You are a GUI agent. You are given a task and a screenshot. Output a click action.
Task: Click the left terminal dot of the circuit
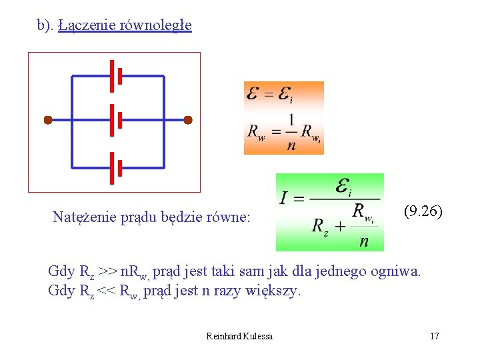(x=48, y=120)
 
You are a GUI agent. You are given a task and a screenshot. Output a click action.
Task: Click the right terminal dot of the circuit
(x=188, y=120)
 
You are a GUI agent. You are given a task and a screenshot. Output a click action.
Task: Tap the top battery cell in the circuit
(x=115, y=76)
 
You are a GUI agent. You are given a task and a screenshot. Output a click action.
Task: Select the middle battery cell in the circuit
(x=115, y=120)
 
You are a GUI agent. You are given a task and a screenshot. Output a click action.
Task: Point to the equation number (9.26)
(x=423, y=212)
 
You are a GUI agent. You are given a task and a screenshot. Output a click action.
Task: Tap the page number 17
(x=435, y=336)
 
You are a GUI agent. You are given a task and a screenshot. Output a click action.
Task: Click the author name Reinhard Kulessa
(x=239, y=336)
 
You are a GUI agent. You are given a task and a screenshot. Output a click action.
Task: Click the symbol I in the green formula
(x=283, y=198)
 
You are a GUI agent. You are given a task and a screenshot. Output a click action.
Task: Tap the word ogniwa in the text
(x=399, y=272)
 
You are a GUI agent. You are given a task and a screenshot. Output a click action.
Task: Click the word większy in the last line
(x=275, y=291)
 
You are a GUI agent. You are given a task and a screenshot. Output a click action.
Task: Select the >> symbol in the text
(x=107, y=272)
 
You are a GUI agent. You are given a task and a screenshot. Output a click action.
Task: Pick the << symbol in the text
(x=107, y=291)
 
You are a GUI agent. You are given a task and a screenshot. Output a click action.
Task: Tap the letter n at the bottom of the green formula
(x=363, y=241)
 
